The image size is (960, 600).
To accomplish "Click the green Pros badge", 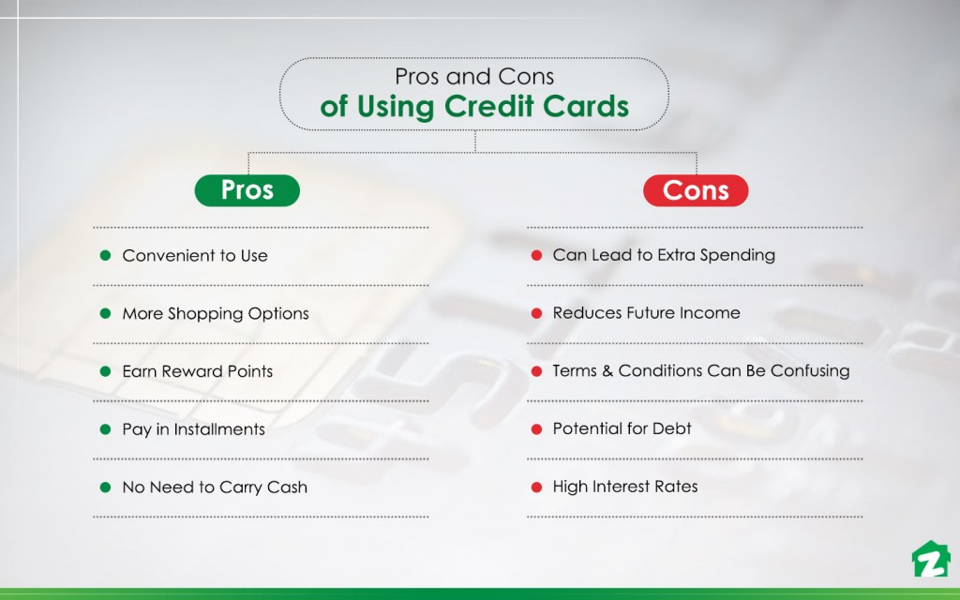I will point(247,190).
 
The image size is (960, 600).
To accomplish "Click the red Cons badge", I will point(696,190).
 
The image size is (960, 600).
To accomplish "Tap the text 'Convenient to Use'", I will point(195,256).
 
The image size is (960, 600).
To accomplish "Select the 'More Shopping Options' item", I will point(216,314).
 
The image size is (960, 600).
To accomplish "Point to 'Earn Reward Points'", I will point(198,371).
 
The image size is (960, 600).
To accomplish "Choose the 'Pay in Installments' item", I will point(194,429).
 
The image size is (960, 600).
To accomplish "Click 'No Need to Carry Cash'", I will point(215,487).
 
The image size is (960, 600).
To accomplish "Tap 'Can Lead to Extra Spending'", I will point(664,255).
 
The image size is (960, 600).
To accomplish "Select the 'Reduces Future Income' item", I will point(646,313).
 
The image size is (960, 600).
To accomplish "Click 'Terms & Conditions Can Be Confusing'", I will point(701,371).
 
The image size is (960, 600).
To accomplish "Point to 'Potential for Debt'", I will point(622,428).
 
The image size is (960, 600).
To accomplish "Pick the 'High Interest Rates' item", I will point(625,487).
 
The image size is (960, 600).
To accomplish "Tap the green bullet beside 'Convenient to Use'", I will point(105,256).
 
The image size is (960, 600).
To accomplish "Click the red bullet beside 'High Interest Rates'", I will point(536,487).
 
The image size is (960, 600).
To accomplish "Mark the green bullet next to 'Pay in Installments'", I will point(105,429).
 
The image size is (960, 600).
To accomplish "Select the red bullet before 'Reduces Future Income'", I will point(536,313).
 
